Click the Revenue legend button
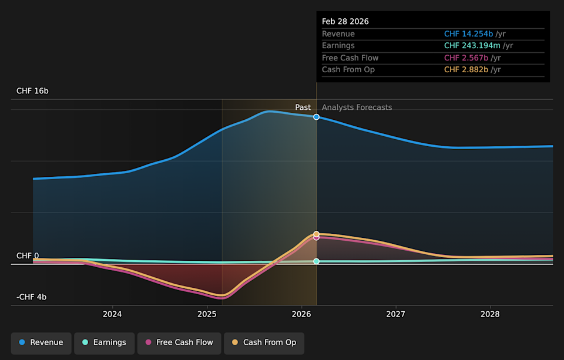tap(41, 342)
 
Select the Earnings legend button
tap(104, 342)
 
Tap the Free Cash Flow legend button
tap(179, 342)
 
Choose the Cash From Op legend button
tap(264, 342)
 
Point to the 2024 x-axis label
tap(112, 314)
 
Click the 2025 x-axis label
tap(207, 314)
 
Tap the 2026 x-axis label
tap(301, 314)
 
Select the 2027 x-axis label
tap(396, 314)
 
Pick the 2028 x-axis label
tap(490, 314)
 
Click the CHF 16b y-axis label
tap(32, 91)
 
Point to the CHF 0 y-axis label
tap(28, 256)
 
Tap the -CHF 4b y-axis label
tap(32, 297)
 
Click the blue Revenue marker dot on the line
tap(316, 117)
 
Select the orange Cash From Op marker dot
tap(316, 234)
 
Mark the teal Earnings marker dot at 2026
tap(316, 261)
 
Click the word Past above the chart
tap(303, 107)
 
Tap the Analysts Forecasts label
tap(357, 107)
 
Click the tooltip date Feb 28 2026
tap(345, 21)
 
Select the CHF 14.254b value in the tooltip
tap(468, 34)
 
